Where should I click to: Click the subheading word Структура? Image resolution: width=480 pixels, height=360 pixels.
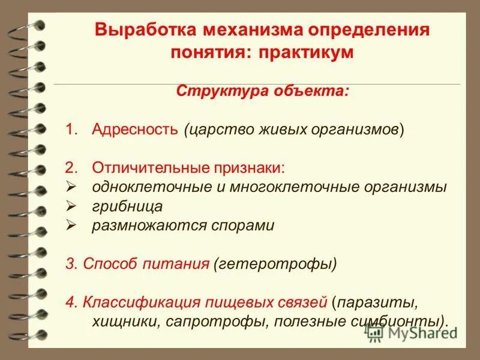[211, 92]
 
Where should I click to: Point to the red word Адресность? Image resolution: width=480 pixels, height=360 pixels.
[135, 130]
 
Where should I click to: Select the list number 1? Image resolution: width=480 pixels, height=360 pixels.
[71, 130]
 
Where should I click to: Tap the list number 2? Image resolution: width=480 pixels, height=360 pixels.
[72, 168]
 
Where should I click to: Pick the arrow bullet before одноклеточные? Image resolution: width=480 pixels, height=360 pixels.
[71, 187]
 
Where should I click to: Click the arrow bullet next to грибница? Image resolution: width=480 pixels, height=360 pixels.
[71, 206]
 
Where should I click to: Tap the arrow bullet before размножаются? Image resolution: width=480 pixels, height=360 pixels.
[71, 226]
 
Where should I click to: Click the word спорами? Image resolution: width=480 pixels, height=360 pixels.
[246, 226]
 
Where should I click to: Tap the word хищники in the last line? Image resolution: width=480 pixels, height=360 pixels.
[124, 320]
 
